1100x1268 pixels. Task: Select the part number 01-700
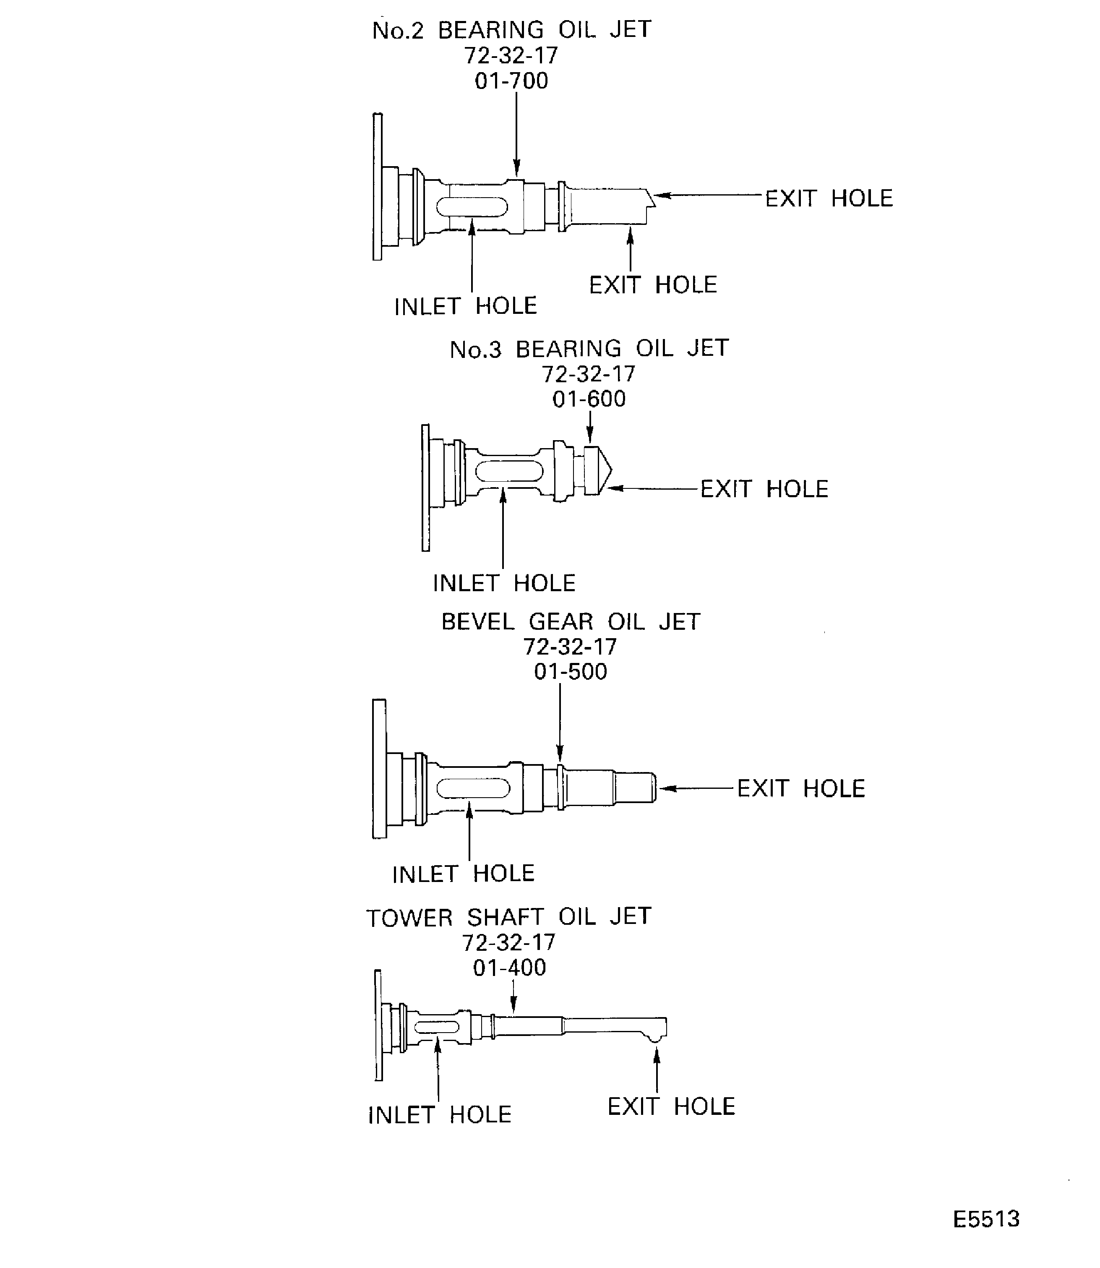click(x=511, y=81)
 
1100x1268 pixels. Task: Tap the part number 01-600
click(x=589, y=399)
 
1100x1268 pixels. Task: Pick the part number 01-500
click(x=570, y=672)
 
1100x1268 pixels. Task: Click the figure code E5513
click(x=986, y=1219)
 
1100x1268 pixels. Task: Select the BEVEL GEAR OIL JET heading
click(x=570, y=622)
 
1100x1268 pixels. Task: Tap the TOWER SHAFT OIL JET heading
click(x=508, y=917)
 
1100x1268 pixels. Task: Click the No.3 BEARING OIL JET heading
click(x=589, y=349)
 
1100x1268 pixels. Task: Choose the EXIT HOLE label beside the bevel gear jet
click(x=801, y=788)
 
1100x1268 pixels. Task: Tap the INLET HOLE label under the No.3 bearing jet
click(x=504, y=583)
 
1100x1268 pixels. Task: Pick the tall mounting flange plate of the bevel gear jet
click(x=379, y=768)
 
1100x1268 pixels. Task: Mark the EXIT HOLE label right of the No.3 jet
click(x=764, y=489)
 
